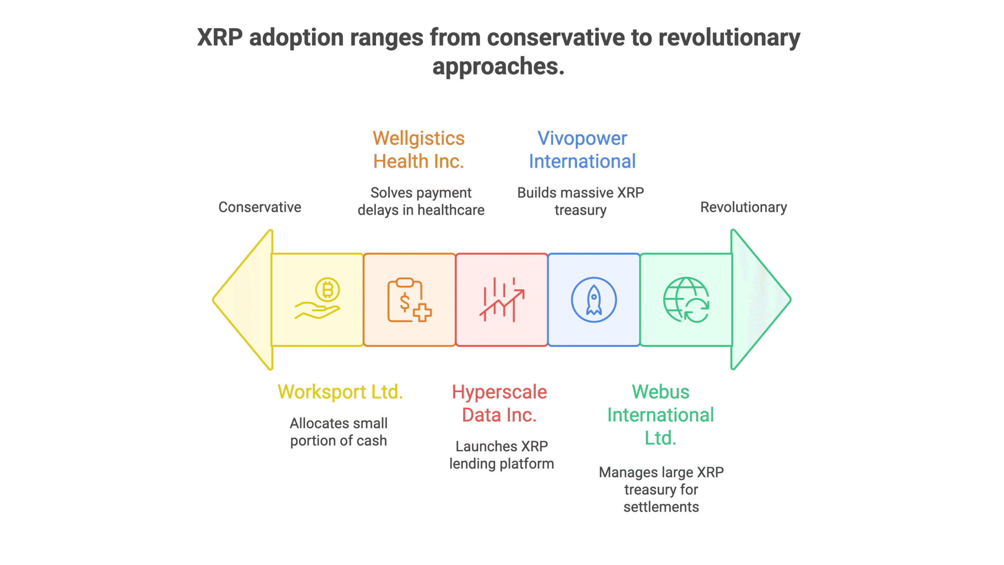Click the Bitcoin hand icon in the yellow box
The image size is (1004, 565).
click(x=318, y=299)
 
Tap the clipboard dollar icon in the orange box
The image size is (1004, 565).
click(x=409, y=300)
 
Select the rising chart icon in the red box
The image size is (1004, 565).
click(x=502, y=300)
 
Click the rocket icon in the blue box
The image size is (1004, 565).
click(x=594, y=300)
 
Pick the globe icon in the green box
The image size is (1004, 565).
click(x=686, y=300)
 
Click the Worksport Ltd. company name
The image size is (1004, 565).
click(x=340, y=392)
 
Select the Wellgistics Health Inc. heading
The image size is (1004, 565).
click(x=419, y=149)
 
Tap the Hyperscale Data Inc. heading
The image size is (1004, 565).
click(x=499, y=403)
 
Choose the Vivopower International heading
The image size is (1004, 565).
click(x=582, y=149)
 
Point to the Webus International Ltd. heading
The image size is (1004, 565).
click(x=661, y=415)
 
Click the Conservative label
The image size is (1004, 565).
click(x=260, y=207)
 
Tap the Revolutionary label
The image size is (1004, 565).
click(x=744, y=207)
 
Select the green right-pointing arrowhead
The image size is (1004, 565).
click(x=761, y=300)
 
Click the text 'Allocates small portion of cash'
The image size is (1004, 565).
click(x=338, y=432)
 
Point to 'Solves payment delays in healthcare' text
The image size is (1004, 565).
click(x=421, y=201)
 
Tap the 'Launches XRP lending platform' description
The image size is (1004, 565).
click(x=502, y=455)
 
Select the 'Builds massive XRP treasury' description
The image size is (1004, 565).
click(x=580, y=201)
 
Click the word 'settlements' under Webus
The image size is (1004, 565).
click(x=661, y=507)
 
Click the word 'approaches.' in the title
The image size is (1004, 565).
click(x=498, y=66)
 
